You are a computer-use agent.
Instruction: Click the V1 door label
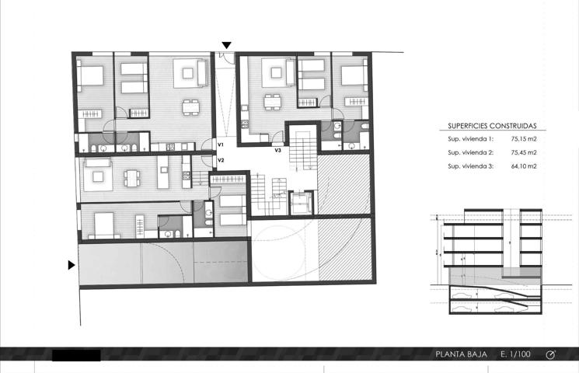click(221, 145)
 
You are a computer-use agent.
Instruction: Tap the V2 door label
click(221, 160)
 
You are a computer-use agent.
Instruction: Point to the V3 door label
click(277, 150)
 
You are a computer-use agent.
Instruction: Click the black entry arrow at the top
click(227, 45)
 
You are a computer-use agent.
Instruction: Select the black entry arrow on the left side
click(72, 265)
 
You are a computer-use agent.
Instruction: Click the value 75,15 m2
click(524, 139)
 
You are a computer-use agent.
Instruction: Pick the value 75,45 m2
click(524, 152)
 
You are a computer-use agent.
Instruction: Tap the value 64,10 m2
click(524, 166)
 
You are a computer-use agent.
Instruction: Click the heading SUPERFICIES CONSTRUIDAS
click(492, 126)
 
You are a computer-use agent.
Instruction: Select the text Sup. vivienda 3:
click(470, 166)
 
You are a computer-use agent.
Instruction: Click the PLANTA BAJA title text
click(461, 354)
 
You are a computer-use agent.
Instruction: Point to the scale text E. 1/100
click(515, 354)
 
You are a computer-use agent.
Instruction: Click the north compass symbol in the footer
click(550, 354)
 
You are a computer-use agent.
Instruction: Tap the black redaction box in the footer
click(76, 355)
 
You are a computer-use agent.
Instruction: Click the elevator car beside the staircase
click(302, 203)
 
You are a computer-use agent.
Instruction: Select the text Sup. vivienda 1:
click(470, 139)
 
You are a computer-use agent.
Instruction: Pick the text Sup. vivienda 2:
click(470, 152)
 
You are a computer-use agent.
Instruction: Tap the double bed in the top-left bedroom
click(90, 75)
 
